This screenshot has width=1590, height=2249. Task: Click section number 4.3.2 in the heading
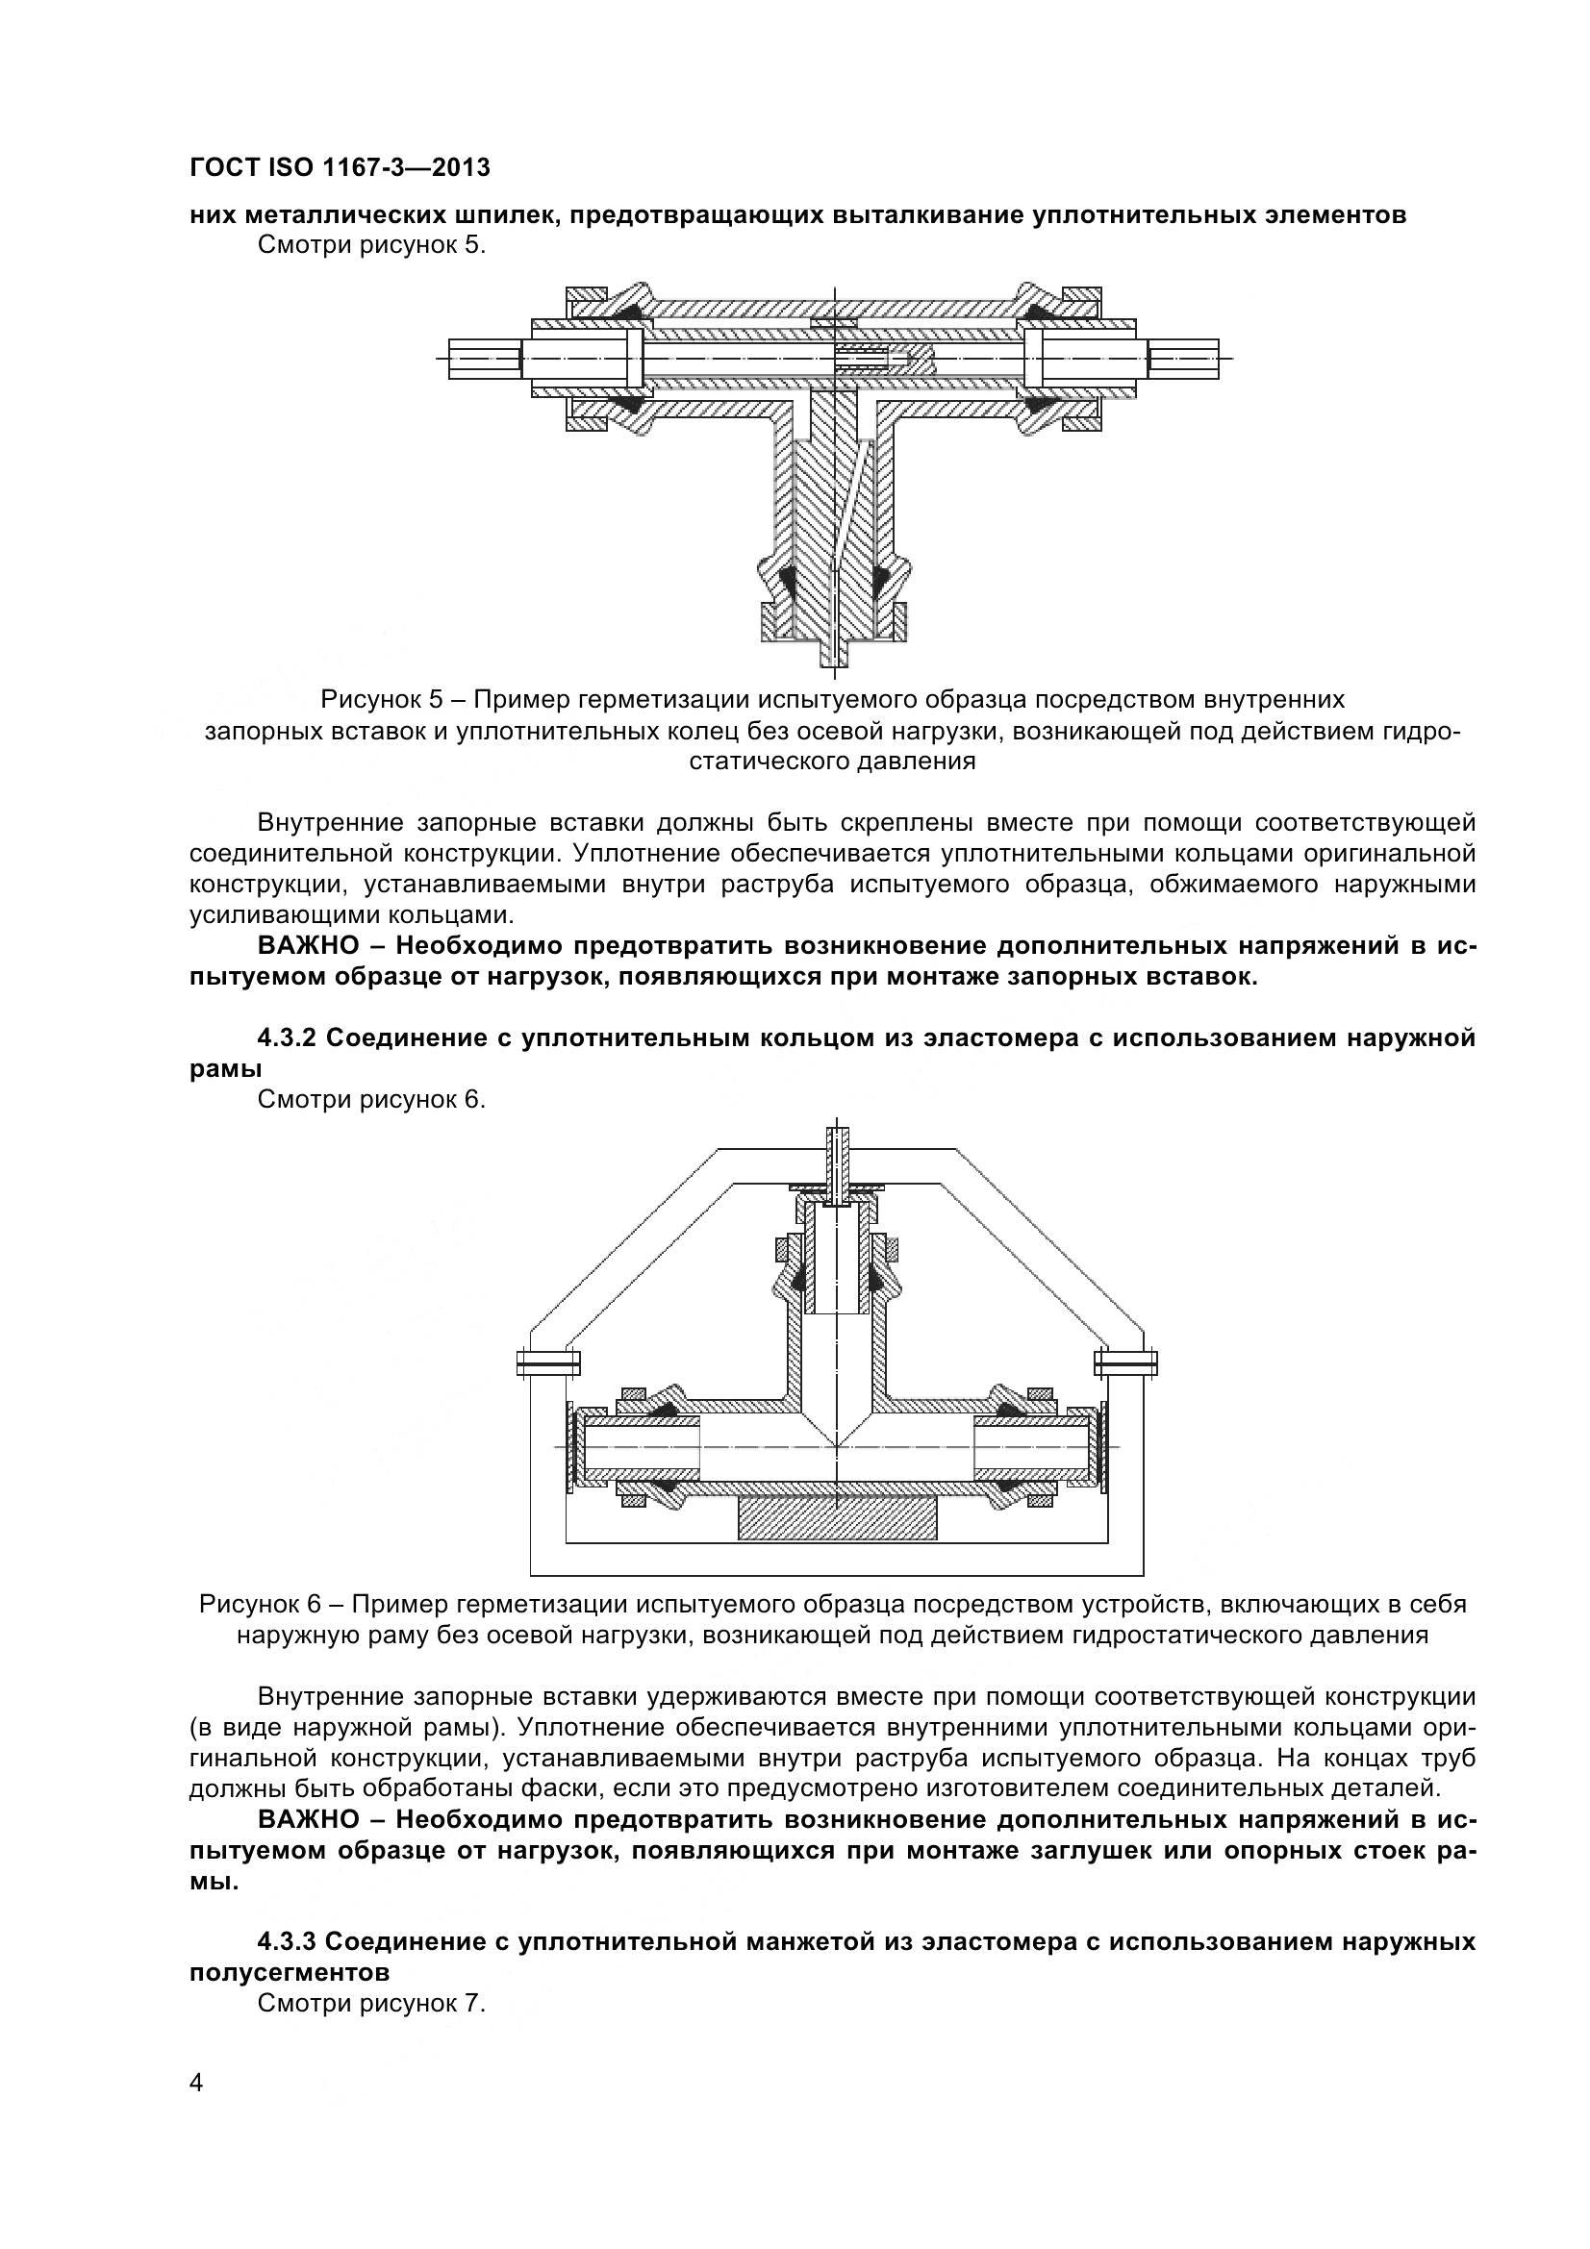[x=286, y=1038]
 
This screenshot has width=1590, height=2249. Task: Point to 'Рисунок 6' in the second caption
[x=260, y=1605]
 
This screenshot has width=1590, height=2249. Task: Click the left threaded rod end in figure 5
[x=484, y=359]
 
